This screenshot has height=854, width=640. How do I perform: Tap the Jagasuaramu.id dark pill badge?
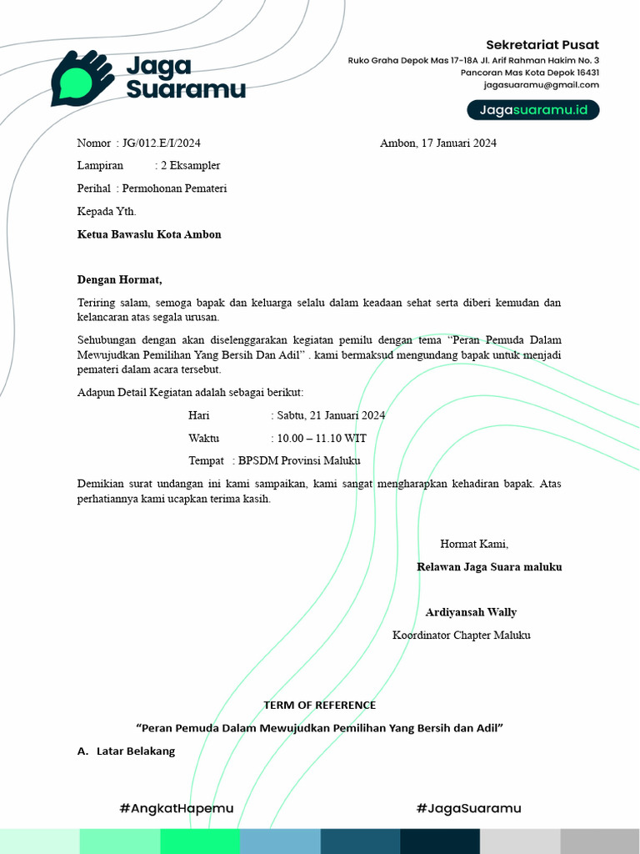coord(532,110)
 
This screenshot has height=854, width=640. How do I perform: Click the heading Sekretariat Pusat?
coord(542,45)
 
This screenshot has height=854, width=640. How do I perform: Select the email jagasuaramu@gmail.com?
coord(542,85)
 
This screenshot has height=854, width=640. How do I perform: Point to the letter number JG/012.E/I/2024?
coord(162,143)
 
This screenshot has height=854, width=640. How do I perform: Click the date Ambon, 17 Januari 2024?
coord(438,143)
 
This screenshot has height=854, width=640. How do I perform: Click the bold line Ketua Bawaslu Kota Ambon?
coord(149,234)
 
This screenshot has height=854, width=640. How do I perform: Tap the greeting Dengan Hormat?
coord(120,279)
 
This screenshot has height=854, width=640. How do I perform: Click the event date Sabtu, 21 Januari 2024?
coord(329,415)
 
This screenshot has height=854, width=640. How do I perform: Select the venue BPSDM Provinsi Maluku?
coord(299,460)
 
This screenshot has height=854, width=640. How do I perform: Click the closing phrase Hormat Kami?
coord(474,545)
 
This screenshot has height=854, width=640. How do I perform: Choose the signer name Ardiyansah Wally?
coord(471,612)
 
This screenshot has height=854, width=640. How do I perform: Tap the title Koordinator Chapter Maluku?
coord(461,635)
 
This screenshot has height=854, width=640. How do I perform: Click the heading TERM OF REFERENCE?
coord(320,706)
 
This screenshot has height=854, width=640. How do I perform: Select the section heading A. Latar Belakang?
coord(126,751)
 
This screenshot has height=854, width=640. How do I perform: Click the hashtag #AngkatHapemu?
coord(177,808)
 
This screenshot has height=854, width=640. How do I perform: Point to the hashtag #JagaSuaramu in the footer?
coord(468,808)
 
